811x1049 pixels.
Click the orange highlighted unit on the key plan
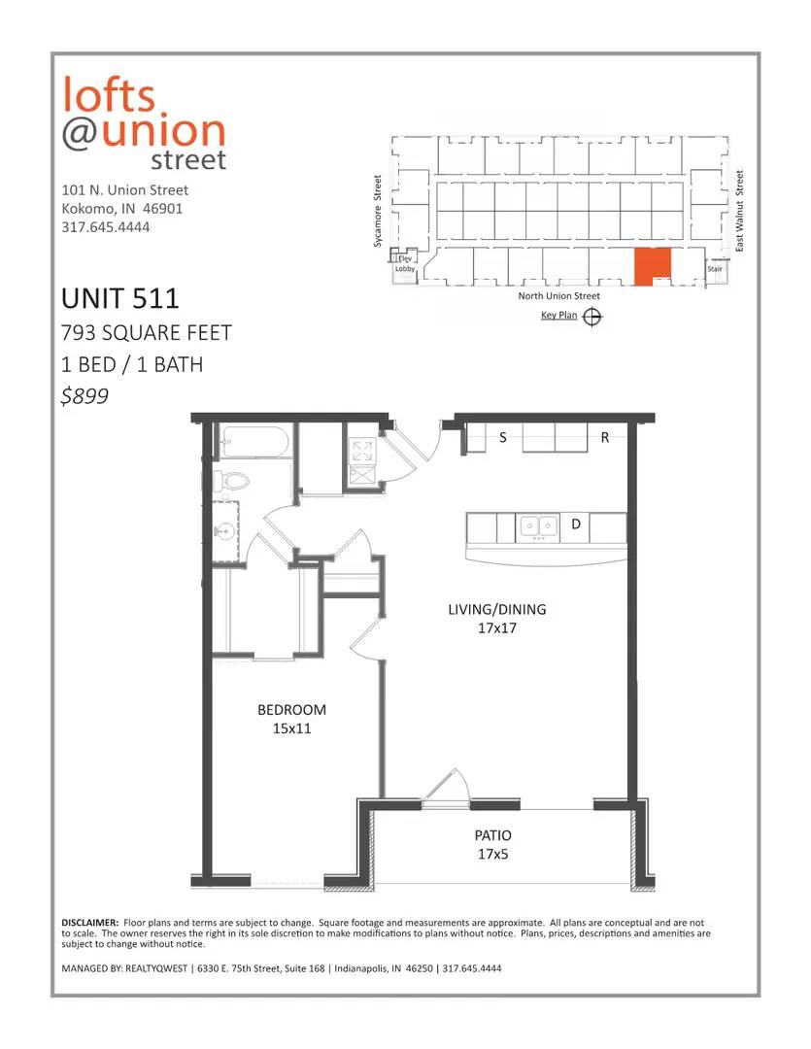(x=652, y=266)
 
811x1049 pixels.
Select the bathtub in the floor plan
(x=254, y=442)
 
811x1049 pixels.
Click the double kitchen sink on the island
(x=539, y=527)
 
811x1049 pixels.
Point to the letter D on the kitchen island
(x=575, y=524)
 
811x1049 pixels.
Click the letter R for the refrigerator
(x=605, y=437)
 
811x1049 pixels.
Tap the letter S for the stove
(x=503, y=437)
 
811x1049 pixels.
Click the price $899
(x=84, y=396)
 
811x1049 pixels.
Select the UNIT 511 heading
(x=120, y=298)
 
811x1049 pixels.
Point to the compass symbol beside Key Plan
(x=592, y=317)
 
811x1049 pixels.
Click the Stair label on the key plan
(x=715, y=269)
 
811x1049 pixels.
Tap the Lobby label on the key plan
(x=406, y=269)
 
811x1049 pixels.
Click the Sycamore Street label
(x=378, y=212)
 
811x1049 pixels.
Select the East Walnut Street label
(x=739, y=211)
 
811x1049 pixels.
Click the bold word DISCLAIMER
(x=90, y=923)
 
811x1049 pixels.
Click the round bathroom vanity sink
(x=222, y=532)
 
